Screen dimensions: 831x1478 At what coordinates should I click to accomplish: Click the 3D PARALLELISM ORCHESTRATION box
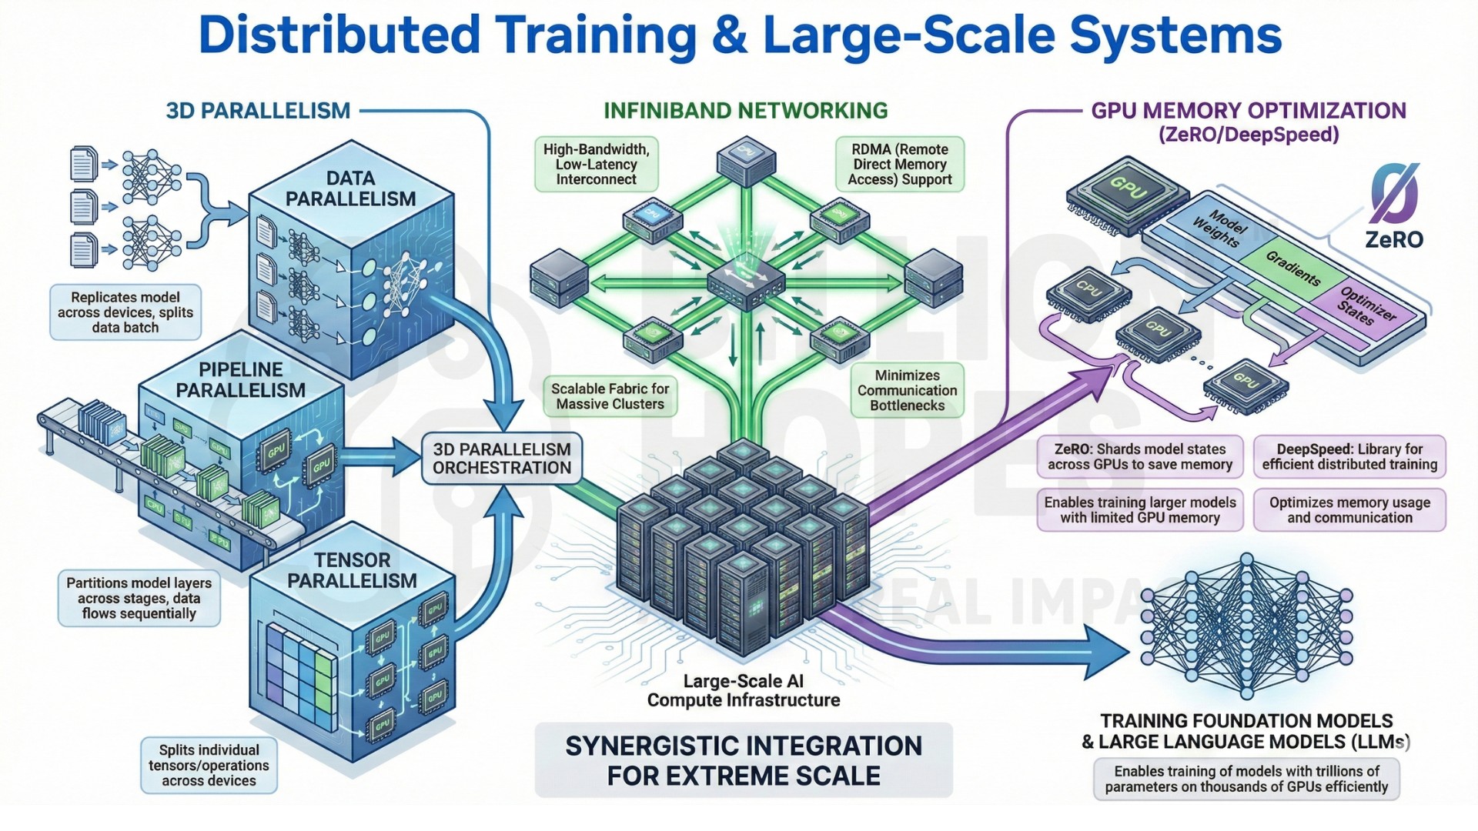(x=502, y=459)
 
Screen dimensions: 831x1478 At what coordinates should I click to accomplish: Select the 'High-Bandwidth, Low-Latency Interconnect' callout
(x=597, y=165)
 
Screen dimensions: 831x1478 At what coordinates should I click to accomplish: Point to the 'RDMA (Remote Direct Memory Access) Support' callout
(x=900, y=165)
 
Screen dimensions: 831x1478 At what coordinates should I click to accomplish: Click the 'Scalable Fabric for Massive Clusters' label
(x=610, y=396)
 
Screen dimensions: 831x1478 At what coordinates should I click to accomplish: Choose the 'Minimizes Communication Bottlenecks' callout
(x=908, y=390)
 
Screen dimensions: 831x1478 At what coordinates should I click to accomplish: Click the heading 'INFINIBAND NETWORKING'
(x=745, y=111)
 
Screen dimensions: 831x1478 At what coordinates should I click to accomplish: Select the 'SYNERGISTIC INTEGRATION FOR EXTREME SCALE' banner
(x=744, y=760)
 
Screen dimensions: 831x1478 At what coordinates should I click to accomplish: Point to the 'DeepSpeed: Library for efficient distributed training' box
(x=1349, y=457)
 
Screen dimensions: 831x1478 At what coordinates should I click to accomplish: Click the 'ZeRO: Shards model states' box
(x=1140, y=457)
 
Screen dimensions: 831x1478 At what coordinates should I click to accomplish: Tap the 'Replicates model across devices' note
(x=125, y=312)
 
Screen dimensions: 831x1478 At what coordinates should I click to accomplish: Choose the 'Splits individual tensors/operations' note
(x=209, y=766)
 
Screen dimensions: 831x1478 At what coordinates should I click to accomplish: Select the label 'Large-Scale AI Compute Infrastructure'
(x=744, y=690)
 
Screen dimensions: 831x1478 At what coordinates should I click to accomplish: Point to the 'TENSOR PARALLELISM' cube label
(x=352, y=570)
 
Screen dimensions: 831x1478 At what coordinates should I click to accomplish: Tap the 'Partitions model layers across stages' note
(x=139, y=599)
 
